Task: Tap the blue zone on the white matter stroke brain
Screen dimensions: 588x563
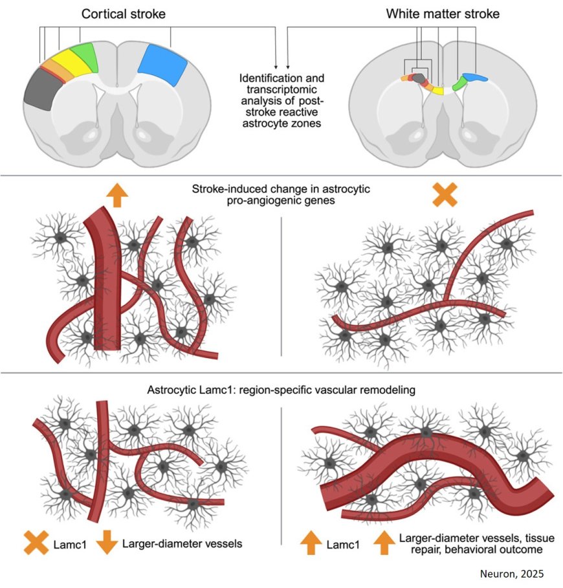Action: [476, 78]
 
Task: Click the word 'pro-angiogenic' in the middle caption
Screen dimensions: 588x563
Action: [259, 201]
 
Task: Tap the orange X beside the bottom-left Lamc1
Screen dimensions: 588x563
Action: [36, 543]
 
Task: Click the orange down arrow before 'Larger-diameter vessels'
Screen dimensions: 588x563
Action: [105, 543]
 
